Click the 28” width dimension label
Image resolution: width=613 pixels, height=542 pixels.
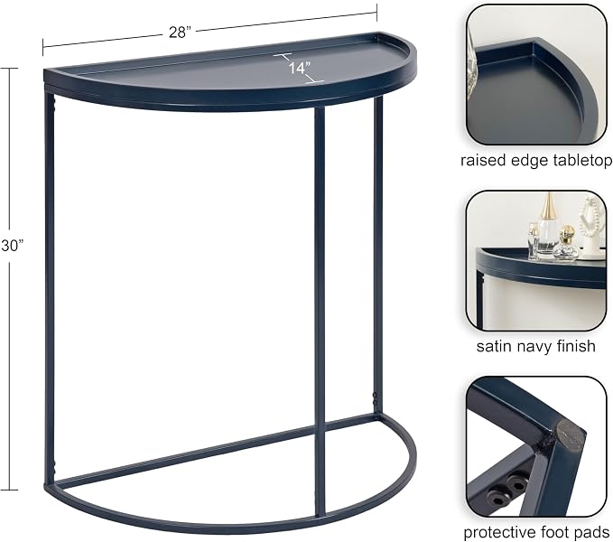pos(178,32)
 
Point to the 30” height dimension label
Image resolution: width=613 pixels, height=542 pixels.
pos(12,246)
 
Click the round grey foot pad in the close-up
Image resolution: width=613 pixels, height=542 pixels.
pos(567,435)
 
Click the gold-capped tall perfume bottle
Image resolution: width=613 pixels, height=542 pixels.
pos(548,226)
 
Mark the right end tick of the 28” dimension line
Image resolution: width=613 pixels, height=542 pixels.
pos(376,13)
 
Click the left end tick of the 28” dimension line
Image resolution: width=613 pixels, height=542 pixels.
pos(43,47)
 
